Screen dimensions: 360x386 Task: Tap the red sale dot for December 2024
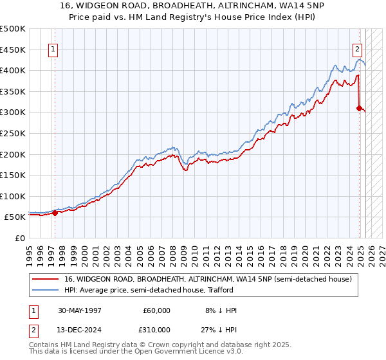coord(360,108)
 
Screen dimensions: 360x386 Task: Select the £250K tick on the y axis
coord(13,133)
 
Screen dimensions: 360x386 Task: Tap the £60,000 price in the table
coord(156,310)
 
